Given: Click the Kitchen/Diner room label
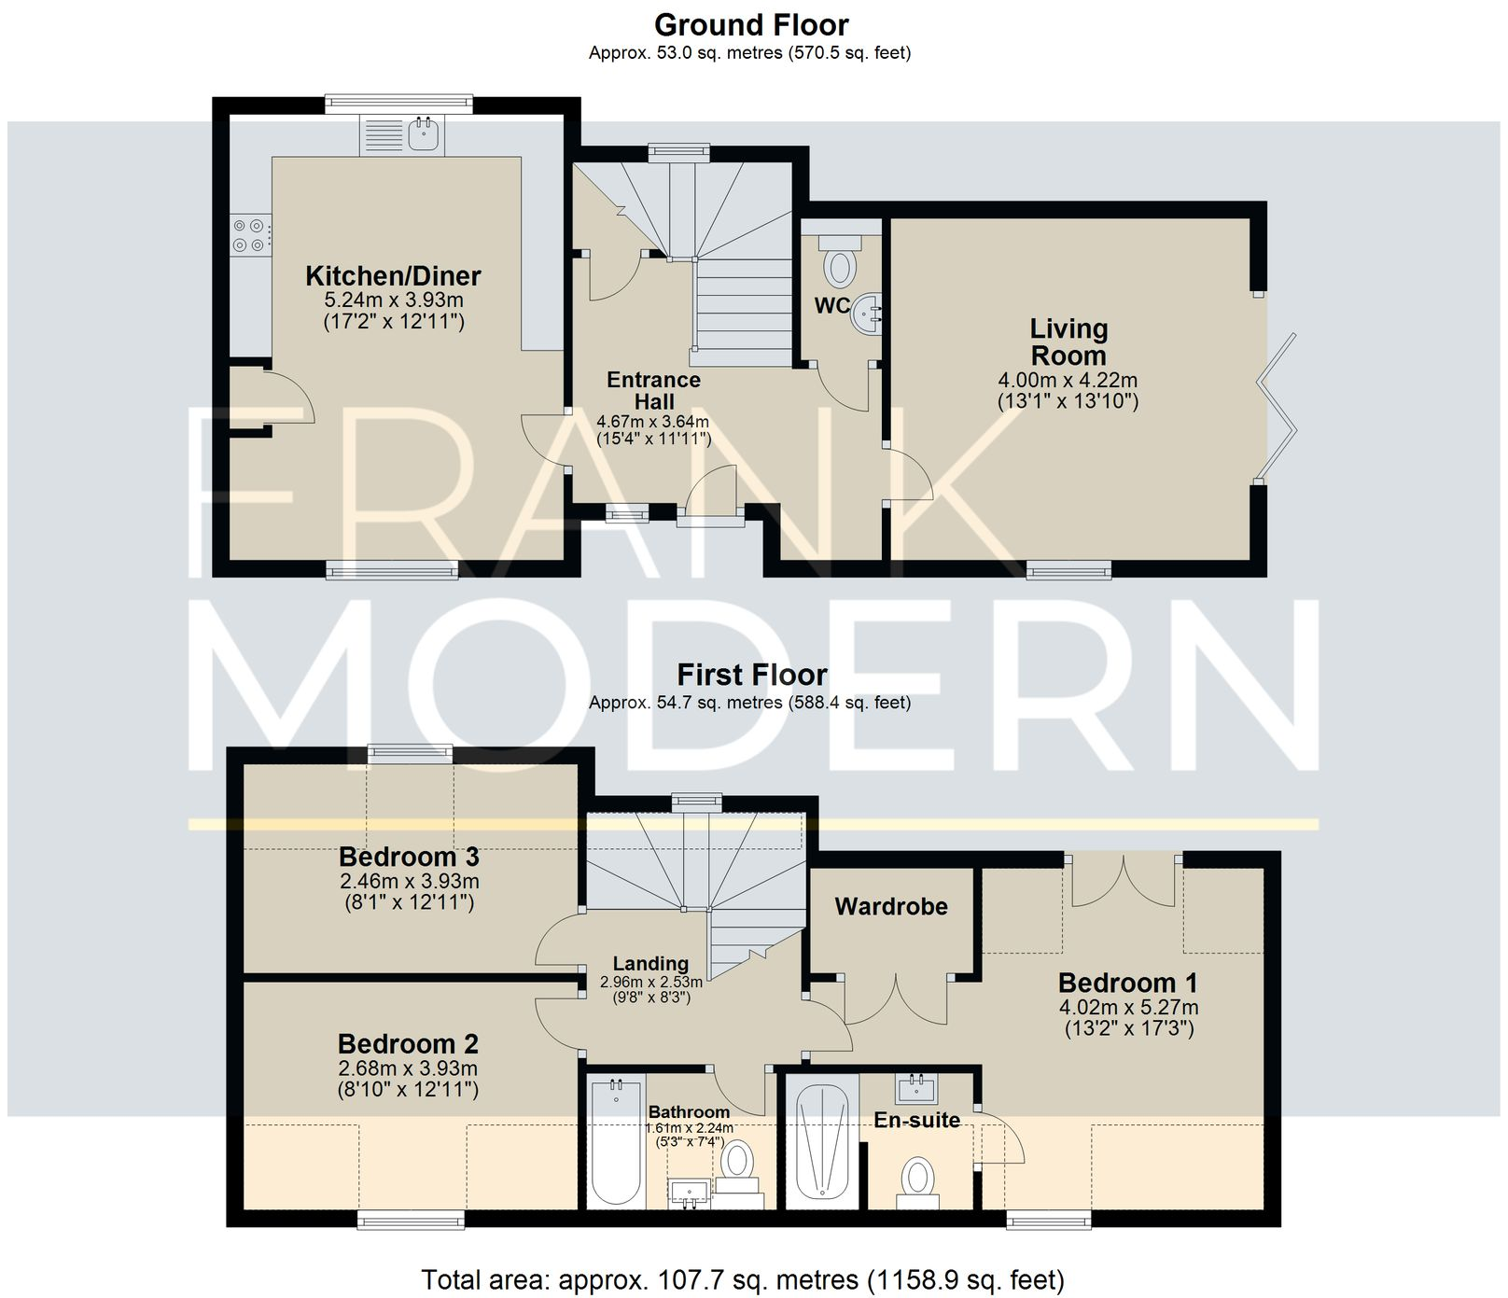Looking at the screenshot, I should tap(393, 275).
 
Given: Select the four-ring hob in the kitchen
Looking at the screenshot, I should tap(251, 234).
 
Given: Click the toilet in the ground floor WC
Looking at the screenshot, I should tap(840, 263).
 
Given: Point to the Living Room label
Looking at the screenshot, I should tap(1068, 342).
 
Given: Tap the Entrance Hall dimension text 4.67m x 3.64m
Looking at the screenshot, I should tap(653, 422).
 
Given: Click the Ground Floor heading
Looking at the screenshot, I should tap(751, 24).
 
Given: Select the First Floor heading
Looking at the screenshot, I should tap(751, 674).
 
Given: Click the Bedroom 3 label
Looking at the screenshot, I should tap(409, 856).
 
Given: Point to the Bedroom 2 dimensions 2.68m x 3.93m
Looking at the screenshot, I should tap(408, 1068).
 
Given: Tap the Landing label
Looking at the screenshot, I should tap(650, 963).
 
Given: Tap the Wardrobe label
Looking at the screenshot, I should tap(891, 906).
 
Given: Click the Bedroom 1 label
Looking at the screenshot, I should tap(1127, 983).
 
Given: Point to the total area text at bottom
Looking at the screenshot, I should tap(742, 1279).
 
